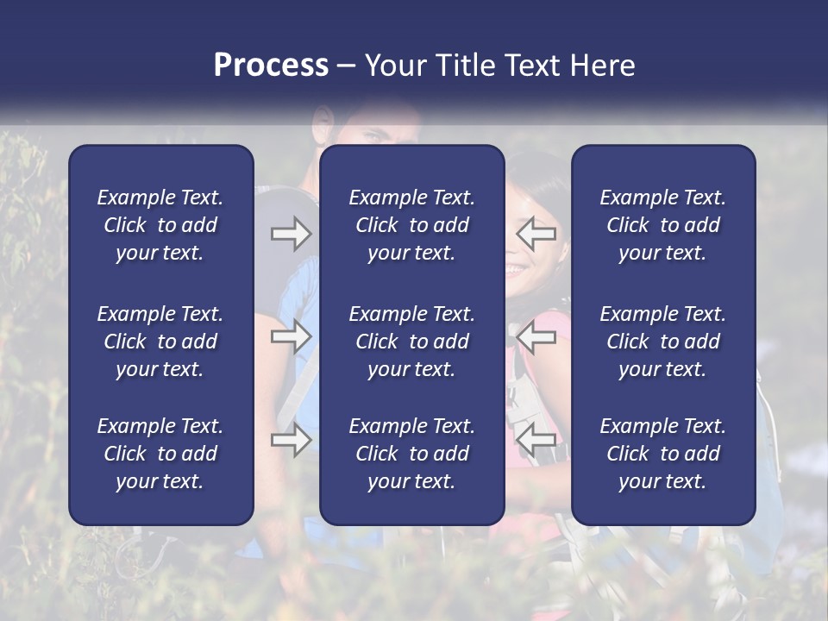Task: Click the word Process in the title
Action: [x=271, y=66]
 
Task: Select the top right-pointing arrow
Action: [x=291, y=234]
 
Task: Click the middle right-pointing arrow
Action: [x=291, y=336]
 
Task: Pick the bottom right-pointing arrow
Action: [x=291, y=440]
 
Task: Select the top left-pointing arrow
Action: [x=536, y=234]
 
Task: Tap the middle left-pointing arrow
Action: [x=536, y=336]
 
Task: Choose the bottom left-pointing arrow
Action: [x=536, y=440]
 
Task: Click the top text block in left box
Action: [x=160, y=225]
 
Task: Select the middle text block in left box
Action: [x=160, y=342]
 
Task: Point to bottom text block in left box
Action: [x=160, y=454]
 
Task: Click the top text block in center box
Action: [x=411, y=225]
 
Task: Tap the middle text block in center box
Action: [x=411, y=342]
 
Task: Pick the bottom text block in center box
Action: [x=411, y=454]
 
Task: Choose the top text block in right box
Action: [x=662, y=225]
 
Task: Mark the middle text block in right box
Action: [x=662, y=342]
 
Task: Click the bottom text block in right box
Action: [x=662, y=454]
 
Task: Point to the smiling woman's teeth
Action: [x=516, y=270]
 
